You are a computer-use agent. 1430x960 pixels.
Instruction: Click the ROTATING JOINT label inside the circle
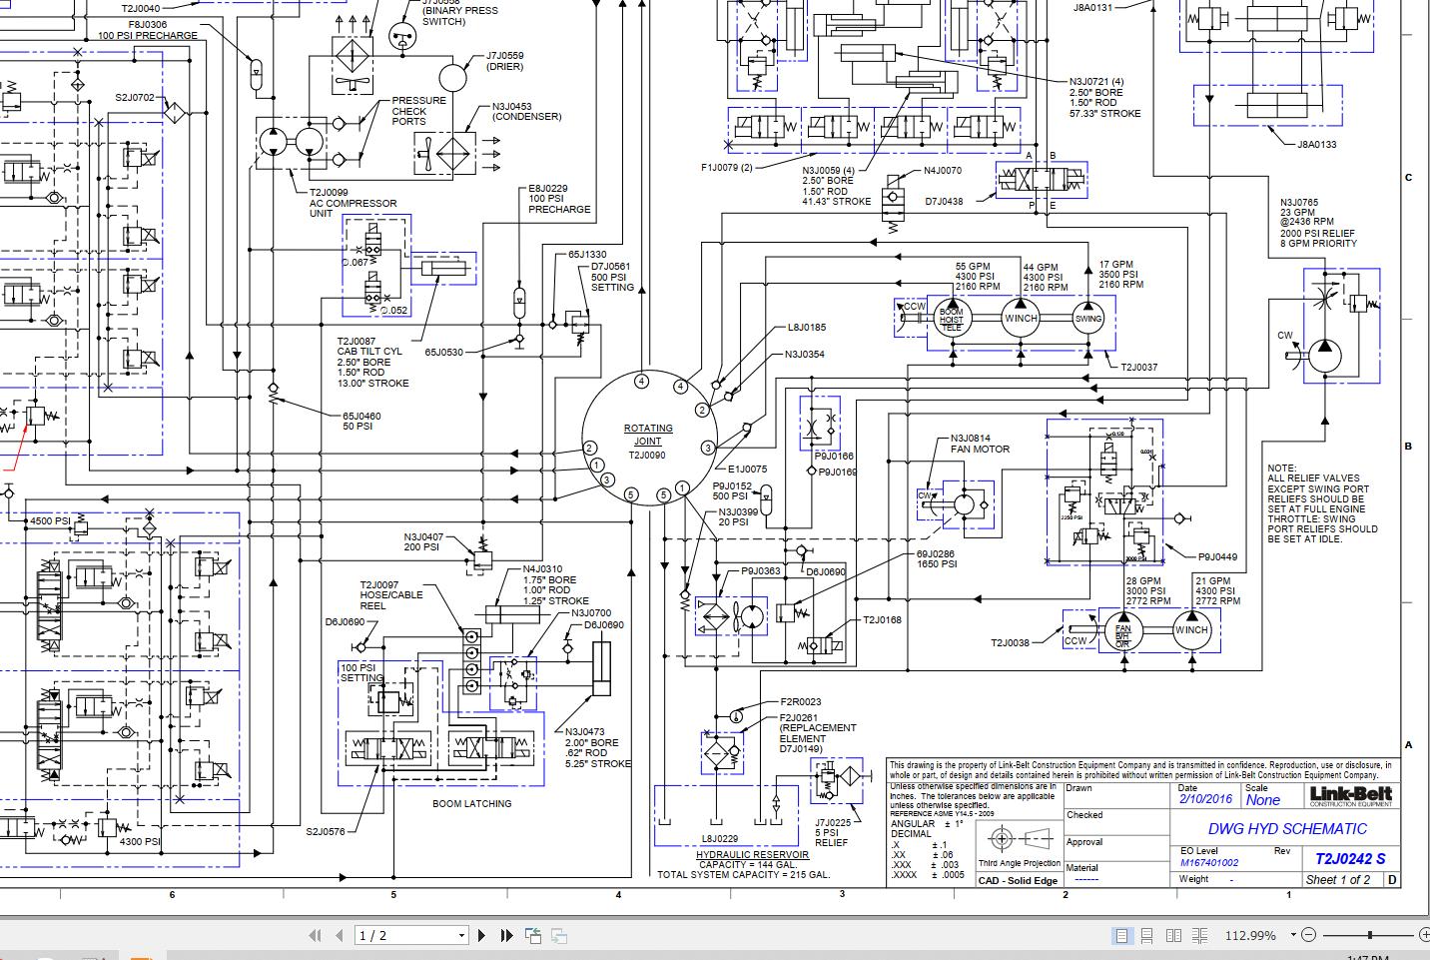(x=648, y=434)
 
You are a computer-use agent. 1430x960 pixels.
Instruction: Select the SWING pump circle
(x=1087, y=319)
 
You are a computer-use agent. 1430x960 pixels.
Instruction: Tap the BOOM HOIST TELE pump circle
(x=951, y=319)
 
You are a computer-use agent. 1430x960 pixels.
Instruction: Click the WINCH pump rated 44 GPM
(x=1021, y=319)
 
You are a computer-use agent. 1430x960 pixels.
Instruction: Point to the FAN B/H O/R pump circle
(x=1122, y=630)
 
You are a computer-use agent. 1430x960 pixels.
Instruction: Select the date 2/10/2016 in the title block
(x=1205, y=800)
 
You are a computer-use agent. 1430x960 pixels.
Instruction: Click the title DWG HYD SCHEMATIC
(x=1286, y=828)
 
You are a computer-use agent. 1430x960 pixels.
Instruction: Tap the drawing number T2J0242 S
(x=1349, y=858)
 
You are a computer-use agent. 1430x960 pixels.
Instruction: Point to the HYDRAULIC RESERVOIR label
(x=752, y=855)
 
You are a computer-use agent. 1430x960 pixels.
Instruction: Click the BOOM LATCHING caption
(x=471, y=803)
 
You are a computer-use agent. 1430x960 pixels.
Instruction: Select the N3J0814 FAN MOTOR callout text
(x=979, y=444)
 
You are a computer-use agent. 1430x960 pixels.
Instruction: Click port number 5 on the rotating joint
(x=630, y=494)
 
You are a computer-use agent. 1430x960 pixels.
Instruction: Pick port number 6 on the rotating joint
(x=663, y=495)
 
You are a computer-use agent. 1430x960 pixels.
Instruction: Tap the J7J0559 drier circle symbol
(x=452, y=77)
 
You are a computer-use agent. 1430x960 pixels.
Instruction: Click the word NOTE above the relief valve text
(x=1281, y=469)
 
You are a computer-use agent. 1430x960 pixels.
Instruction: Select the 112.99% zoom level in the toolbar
(x=1249, y=936)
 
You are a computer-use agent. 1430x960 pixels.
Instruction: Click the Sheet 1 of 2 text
(x=1338, y=880)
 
